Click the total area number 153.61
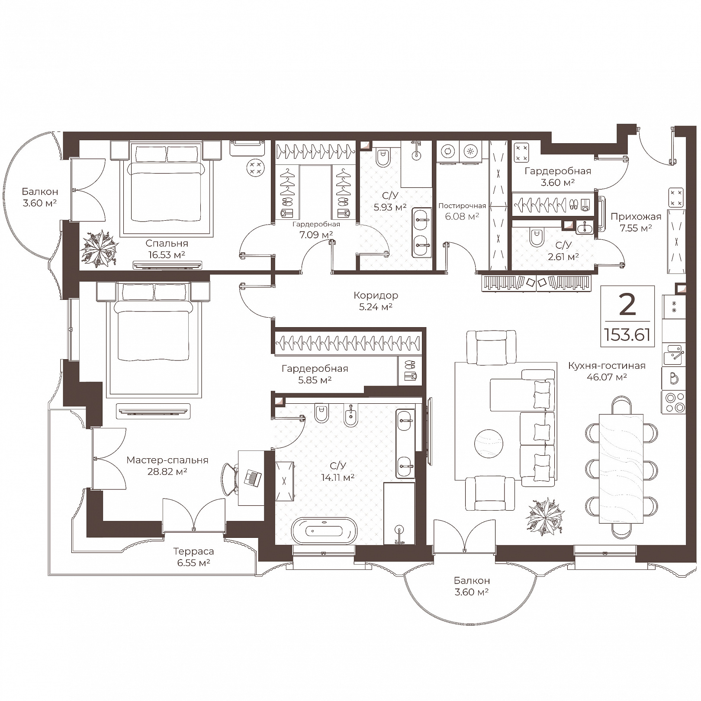(627, 334)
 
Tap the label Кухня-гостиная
(607, 366)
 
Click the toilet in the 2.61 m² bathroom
(537, 237)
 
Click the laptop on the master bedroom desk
(252, 478)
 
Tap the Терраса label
(193, 551)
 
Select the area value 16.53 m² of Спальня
(167, 255)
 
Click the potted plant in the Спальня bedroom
(100, 248)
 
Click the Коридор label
(376, 296)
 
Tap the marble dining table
(621, 469)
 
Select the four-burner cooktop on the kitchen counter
(673, 402)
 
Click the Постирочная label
(462, 206)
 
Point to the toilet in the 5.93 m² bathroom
(383, 158)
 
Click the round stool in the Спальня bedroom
(255, 168)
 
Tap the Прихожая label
(636, 217)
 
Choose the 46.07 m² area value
(607, 377)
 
